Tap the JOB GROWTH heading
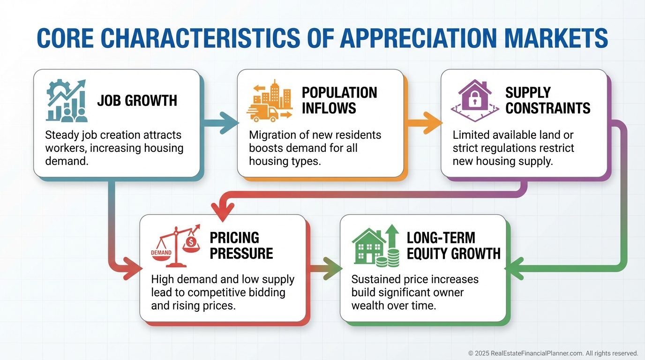tap(137, 100)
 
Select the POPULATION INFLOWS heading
tap(339, 100)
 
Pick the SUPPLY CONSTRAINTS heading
tap(547, 100)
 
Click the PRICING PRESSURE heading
tap(241, 245)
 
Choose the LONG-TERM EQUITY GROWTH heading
tap(453, 245)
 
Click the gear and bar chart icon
tap(67, 100)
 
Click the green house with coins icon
tap(376, 244)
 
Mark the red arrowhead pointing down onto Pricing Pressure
tap(222, 210)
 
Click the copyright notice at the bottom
tap(553, 353)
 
